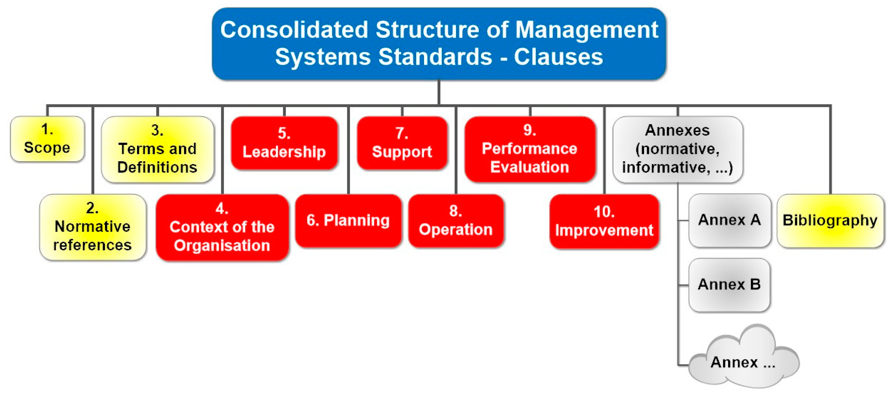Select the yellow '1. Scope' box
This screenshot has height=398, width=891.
[47, 139]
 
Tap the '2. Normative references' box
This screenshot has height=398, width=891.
[93, 227]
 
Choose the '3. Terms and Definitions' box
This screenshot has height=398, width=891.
[158, 149]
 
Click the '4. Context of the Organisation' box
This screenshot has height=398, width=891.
[222, 227]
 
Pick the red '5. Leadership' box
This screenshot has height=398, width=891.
[284, 143]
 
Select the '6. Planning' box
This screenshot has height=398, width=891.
[348, 220]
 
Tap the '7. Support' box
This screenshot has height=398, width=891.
[402, 143]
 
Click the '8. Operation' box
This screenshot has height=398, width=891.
[456, 220]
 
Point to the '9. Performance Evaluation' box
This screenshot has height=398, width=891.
[530, 149]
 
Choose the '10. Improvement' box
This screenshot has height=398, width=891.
[604, 221]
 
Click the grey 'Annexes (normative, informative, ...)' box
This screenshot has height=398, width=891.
[678, 149]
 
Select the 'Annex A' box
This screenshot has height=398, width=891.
[730, 220]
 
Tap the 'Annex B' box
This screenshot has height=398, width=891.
[730, 285]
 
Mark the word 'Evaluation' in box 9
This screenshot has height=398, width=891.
[530, 167]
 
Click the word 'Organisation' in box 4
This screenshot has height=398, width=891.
[222, 246]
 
